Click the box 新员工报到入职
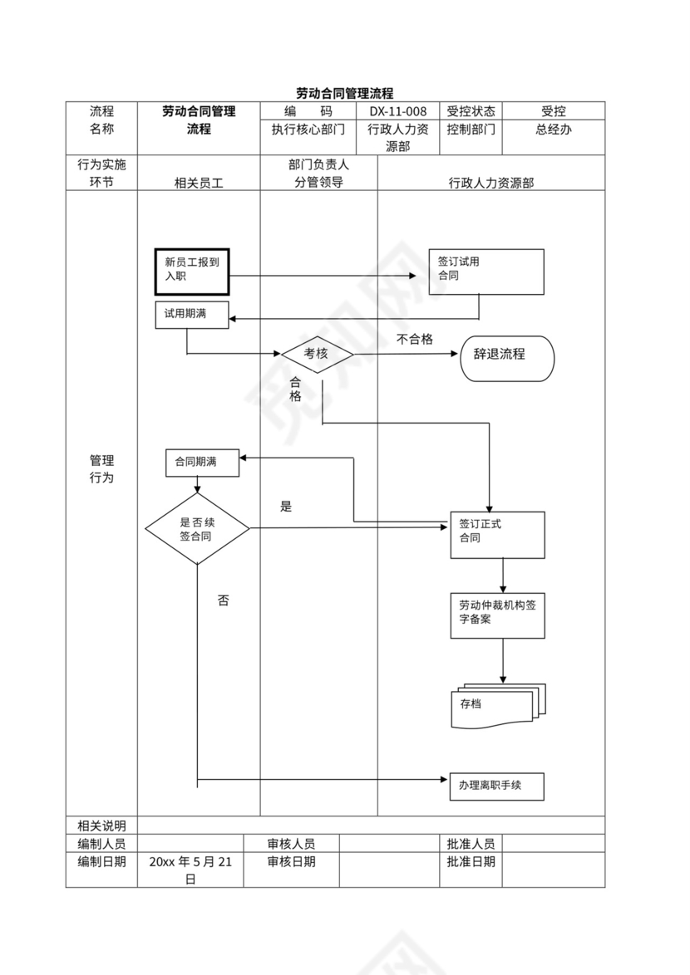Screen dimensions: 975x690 [x=192, y=271]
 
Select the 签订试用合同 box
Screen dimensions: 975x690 [x=486, y=272]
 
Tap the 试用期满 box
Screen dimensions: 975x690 [x=192, y=316]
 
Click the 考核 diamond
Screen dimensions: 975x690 [x=317, y=354]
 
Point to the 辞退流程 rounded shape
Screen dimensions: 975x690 [x=506, y=358]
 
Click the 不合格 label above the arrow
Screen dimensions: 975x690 [x=415, y=339]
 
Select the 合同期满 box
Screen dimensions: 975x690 [x=203, y=463]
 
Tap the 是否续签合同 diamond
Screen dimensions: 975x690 [x=197, y=529]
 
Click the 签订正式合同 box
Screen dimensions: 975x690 [x=497, y=534]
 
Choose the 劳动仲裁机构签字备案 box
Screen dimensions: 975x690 [x=497, y=615]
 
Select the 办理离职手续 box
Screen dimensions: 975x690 [x=496, y=786]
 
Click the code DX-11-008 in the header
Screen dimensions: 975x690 [x=398, y=111]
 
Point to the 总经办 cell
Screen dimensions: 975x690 [x=553, y=130]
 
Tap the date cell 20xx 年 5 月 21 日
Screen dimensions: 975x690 [x=190, y=870]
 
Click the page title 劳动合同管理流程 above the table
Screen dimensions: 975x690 [x=344, y=93]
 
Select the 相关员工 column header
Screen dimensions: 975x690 [x=199, y=182]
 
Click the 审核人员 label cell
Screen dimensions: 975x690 [x=291, y=844]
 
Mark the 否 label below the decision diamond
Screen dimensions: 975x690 [x=223, y=600]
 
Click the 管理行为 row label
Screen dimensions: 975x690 [x=101, y=469]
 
